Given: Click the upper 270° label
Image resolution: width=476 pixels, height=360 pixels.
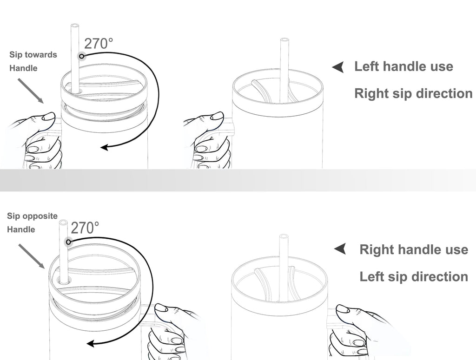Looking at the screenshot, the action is point(99,44).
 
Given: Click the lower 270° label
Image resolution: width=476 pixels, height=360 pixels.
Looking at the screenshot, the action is point(85,228).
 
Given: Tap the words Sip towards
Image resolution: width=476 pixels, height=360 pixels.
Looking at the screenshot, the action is point(33,55).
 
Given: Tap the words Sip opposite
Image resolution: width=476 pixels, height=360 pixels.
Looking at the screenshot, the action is point(32,216).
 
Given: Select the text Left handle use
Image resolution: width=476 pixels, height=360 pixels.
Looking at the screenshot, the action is point(404,66).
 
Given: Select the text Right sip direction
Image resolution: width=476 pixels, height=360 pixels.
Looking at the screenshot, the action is point(413,93).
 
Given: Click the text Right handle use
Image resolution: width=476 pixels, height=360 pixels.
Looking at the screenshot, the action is point(414,249).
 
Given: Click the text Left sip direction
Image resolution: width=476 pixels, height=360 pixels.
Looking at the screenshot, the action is point(414,276).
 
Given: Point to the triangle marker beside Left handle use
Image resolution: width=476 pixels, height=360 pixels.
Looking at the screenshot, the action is point(338,67).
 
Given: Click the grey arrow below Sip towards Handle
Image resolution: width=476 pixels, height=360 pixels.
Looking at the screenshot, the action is point(31,91).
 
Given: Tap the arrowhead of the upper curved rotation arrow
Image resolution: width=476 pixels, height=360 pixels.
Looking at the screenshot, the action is point(104,147).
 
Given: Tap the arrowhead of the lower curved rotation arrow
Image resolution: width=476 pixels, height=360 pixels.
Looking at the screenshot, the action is point(91,344).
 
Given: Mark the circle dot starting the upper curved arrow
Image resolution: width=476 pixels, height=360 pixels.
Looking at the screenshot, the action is point(82,56).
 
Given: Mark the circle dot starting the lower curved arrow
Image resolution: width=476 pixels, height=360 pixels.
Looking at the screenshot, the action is point(69,242).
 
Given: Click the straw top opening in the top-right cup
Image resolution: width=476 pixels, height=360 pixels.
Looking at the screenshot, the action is point(284,40).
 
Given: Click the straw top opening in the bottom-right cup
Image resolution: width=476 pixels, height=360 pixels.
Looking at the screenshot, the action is point(284,236).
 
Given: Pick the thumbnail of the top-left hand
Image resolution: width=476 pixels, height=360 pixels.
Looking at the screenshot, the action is point(48,117).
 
